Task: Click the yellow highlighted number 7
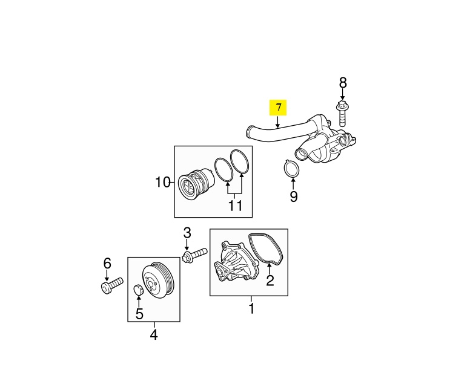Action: pos(278,108)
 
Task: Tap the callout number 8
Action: pos(343,83)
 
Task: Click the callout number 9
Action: pos(294,197)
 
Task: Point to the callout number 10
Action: pos(164,181)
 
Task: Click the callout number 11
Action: pos(235,206)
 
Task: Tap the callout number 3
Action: pos(187,233)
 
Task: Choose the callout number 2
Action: pos(270,280)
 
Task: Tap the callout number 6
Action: pos(107,263)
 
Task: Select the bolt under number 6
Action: pos(111,285)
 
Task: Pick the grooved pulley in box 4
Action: pos(159,281)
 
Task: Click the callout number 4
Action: pos(153,334)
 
